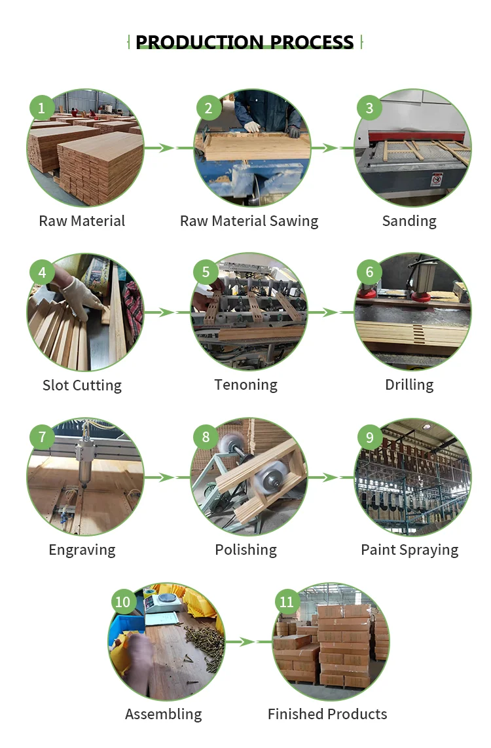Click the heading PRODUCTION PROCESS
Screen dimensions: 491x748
click(245, 43)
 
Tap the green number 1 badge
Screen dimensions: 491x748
click(42, 107)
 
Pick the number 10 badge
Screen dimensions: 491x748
click(123, 602)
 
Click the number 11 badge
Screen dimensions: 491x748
click(287, 602)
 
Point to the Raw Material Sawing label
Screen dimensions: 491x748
click(249, 221)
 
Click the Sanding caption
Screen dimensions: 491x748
click(409, 221)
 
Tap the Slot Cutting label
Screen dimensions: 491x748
click(82, 385)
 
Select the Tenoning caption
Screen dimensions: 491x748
click(245, 385)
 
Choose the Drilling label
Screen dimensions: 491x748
click(409, 385)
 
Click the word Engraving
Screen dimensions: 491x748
click(82, 550)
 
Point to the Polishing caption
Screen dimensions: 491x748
click(245, 550)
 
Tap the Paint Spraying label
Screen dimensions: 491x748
click(409, 550)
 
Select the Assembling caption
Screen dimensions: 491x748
click(164, 714)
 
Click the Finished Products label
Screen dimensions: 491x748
click(327, 714)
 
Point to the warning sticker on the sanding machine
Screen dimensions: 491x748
click(437, 179)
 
